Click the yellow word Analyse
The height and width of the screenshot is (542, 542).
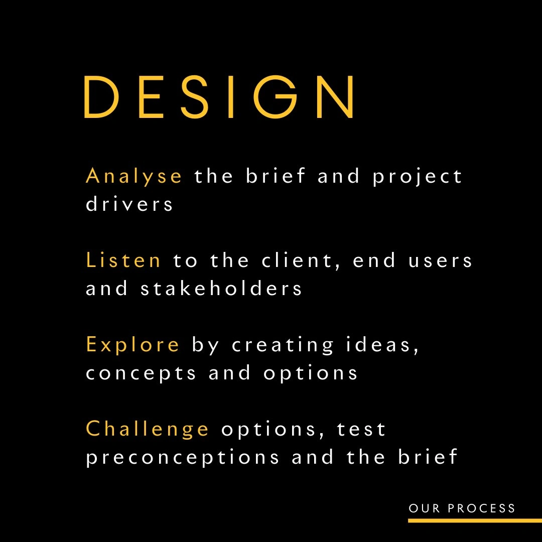pyautogui.click(x=134, y=176)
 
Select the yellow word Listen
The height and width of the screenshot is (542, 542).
pyautogui.click(x=123, y=260)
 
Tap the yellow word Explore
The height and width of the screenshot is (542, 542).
pyautogui.click(x=132, y=345)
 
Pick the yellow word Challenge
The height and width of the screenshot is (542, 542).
pyautogui.click(x=147, y=429)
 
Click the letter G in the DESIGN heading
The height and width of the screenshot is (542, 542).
pyautogui.click(x=275, y=97)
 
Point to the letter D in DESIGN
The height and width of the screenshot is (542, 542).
pyautogui.click(x=101, y=97)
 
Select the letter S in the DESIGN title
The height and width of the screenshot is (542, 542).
pyautogui.click(x=195, y=97)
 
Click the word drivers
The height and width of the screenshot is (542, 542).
pyautogui.click(x=129, y=204)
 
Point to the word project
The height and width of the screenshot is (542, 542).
pyautogui.click(x=417, y=176)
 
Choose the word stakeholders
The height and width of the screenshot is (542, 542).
pyautogui.click(x=221, y=288)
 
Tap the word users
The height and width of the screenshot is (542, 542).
pyautogui.click(x=440, y=261)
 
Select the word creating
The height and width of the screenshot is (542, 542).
pyautogui.click(x=283, y=345)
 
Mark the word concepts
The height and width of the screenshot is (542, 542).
pyautogui.click(x=141, y=373)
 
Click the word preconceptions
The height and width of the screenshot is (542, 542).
pyautogui.click(x=182, y=458)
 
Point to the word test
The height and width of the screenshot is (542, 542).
pyautogui.click(x=361, y=430)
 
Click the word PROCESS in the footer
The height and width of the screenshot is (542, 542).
pyautogui.click(x=481, y=508)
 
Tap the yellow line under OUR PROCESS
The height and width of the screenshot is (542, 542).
pyautogui.click(x=475, y=520)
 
